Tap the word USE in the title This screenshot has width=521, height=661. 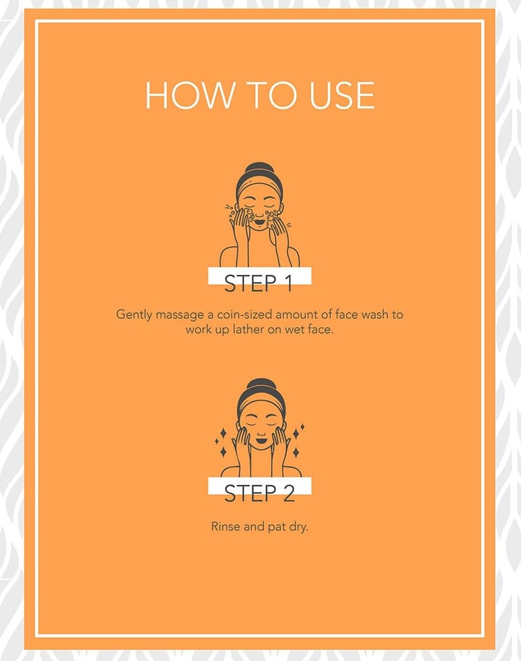pos(342,96)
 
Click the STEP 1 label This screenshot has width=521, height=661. pos(259,283)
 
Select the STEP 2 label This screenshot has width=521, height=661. pos(259,494)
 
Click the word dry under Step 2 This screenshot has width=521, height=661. pos(298,527)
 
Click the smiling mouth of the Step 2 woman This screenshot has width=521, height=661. pos(260,440)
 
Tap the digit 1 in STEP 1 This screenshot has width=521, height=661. pos(288,283)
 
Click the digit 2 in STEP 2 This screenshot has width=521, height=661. pos(289,494)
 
